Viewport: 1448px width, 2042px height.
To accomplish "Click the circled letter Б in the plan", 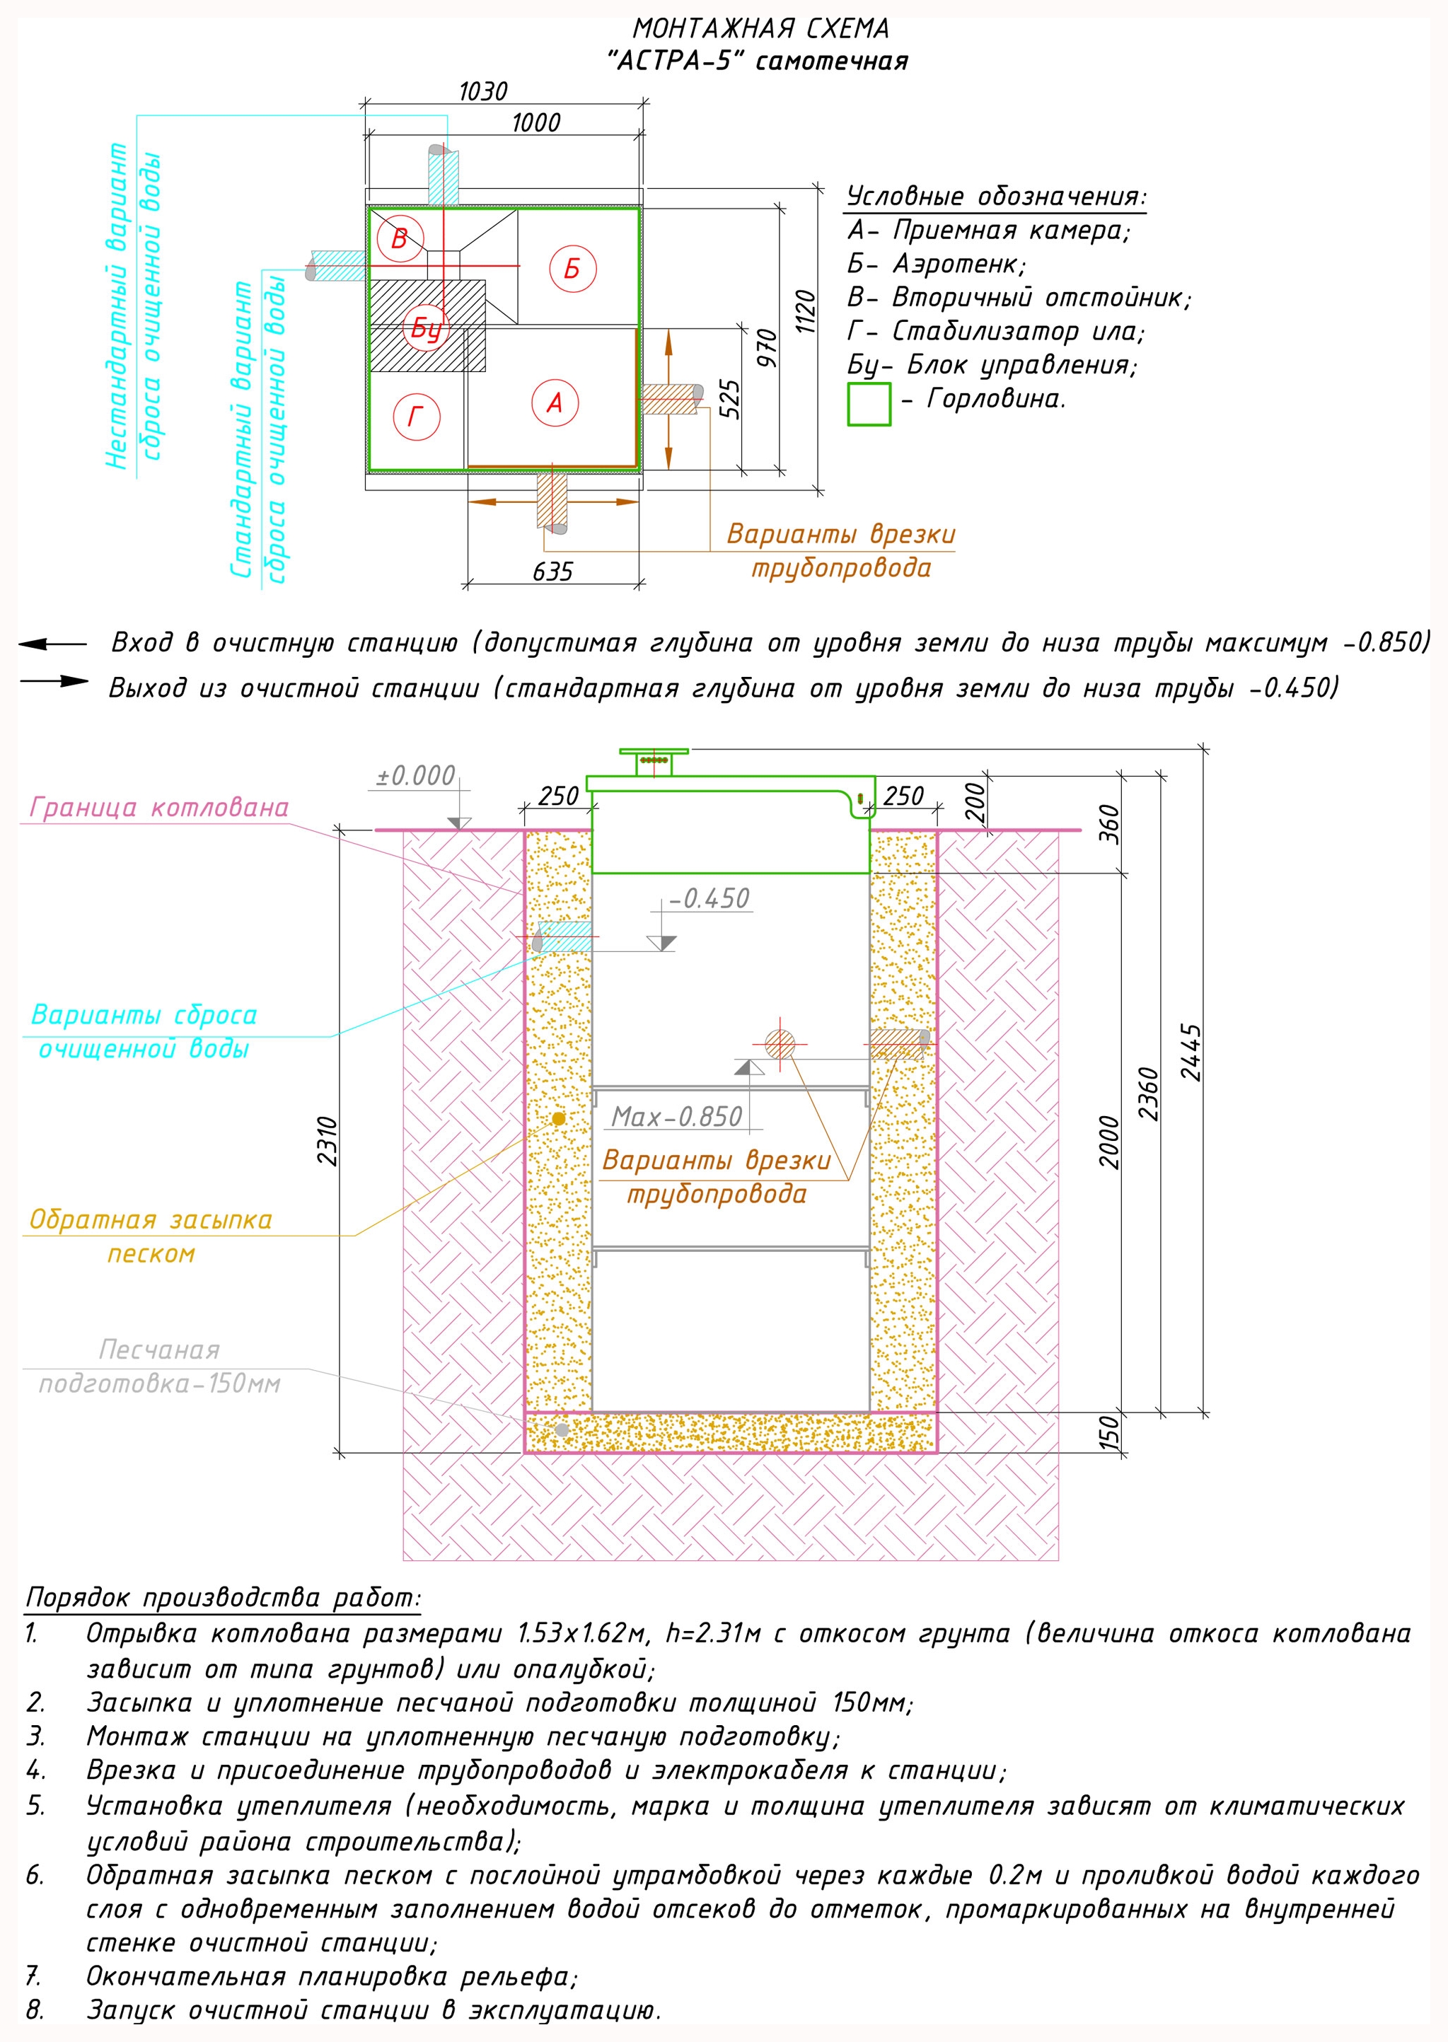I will (x=572, y=268).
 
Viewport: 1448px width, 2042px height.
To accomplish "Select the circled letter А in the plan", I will (x=555, y=403).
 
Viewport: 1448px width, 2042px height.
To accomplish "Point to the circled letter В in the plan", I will (x=400, y=238).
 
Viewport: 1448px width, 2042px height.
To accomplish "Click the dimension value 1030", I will (x=482, y=92).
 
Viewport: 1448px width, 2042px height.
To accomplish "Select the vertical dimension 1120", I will (x=805, y=311).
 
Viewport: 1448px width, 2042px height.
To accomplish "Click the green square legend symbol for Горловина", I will (x=869, y=404).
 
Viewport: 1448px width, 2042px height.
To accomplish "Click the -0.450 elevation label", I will (x=709, y=898).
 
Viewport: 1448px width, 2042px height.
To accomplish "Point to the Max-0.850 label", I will (x=677, y=1117).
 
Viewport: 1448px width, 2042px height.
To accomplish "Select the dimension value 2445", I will (x=1191, y=1052).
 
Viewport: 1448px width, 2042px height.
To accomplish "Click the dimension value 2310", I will (x=328, y=1141).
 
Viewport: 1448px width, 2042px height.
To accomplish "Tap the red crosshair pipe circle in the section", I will (x=780, y=1044).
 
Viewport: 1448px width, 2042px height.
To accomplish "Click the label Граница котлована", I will (x=158, y=808).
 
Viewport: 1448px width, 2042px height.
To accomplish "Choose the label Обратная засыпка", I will (x=151, y=1219).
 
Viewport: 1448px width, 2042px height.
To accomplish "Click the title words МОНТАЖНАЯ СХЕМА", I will (x=760, y=28).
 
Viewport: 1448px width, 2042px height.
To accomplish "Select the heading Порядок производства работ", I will (x=223, y=1596).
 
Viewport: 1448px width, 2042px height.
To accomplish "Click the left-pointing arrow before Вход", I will (x=52, y=644).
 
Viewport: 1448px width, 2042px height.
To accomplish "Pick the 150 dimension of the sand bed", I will (x=1108, y=1432).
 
